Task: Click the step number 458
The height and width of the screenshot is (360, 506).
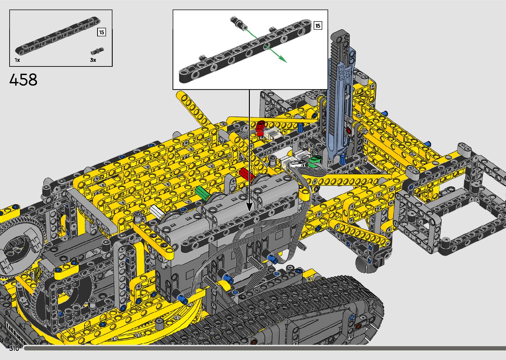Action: (x=23, y=80)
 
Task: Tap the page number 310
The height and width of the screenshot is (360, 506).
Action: (x=14, y=348)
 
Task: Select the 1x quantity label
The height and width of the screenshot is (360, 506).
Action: (x=18, y=60)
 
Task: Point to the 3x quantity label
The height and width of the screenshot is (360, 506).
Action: (x=93, y=60)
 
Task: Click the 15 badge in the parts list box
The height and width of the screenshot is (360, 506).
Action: (x=102, y=32)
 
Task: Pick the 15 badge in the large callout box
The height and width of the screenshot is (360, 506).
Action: (x=318, y=25)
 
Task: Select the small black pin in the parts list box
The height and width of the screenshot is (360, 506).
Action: (x=97, y=51)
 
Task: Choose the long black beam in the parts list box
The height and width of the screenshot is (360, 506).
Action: (x=58, y=36)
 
